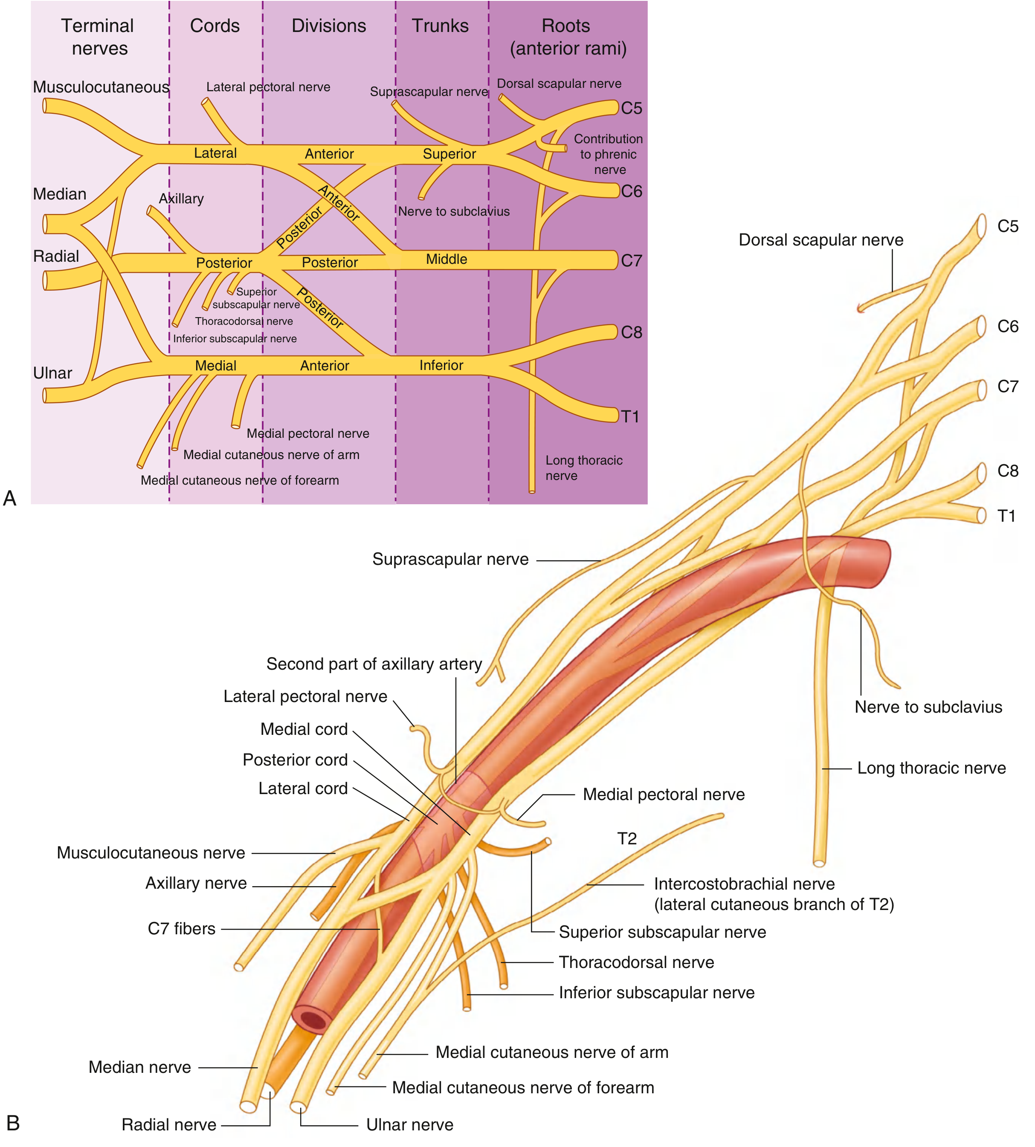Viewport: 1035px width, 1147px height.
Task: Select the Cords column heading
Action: [x=215, y=26]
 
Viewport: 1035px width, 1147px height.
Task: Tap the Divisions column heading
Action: [x=329, y=26]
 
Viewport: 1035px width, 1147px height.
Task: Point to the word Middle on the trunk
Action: [x=446, y=260]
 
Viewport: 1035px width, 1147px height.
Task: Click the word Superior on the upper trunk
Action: [x=449, y=154]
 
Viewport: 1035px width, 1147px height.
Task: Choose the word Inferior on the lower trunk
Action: [x=441, y=365]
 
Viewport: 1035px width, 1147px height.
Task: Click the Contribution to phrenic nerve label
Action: [x=609, y=154]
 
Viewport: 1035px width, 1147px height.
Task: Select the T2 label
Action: [x=627, y=838]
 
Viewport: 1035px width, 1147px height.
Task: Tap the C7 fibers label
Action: [x=181, y=929]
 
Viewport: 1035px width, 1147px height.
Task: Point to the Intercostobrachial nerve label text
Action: [x=745, y=884]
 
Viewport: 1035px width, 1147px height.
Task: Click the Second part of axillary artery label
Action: [x=374, y=664]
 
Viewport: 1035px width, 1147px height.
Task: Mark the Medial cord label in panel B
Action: [x=304, y=729]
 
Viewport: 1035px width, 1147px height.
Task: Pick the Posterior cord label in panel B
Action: [x=295, y=760]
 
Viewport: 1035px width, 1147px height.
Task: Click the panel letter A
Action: [x=10, y=498]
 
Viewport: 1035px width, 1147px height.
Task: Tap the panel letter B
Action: [x=12, y=1123]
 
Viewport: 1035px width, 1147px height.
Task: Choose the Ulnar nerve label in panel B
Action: [x=409, y=1125]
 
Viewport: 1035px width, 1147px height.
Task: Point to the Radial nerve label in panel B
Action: [x=169, y=1125]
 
